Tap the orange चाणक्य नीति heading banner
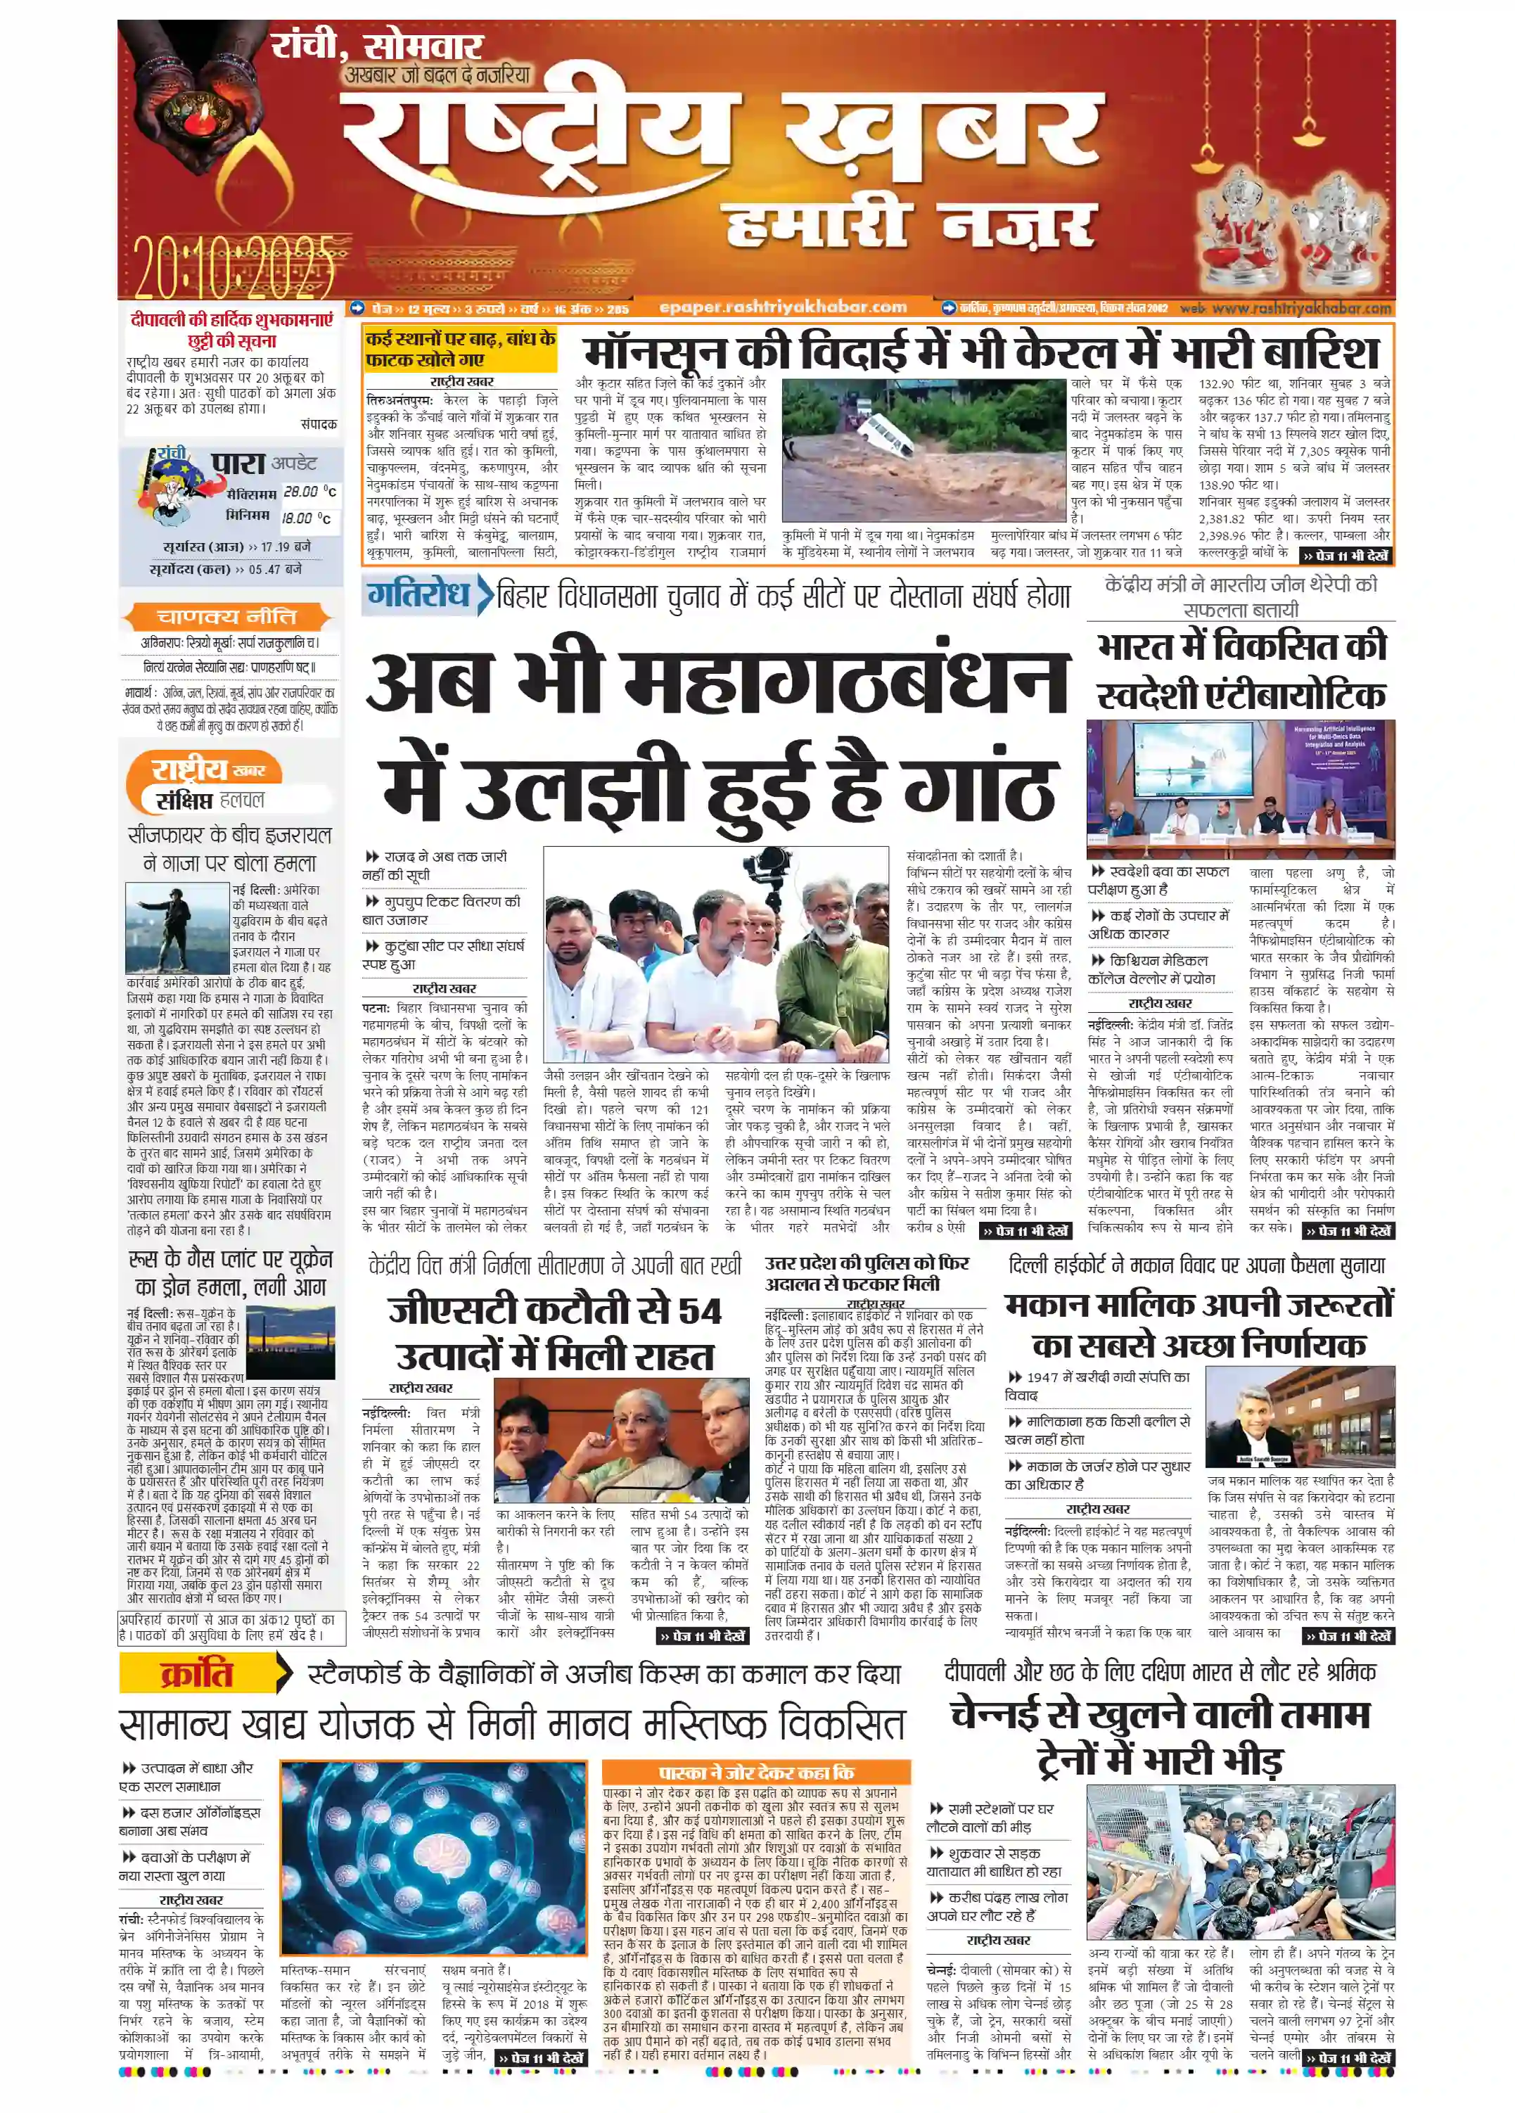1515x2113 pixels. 227,616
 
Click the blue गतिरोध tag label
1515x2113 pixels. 416,594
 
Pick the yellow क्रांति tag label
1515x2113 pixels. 197,1673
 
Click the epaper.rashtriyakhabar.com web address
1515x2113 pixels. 783,307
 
